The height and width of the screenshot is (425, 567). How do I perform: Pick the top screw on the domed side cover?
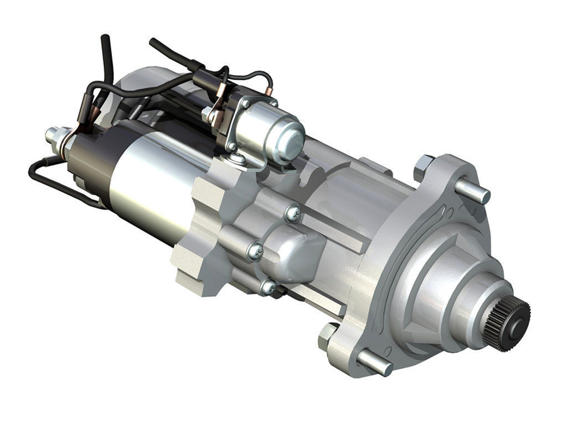click(x=293, y=213)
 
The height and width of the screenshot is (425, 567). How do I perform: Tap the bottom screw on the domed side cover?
click(x=268, y=286)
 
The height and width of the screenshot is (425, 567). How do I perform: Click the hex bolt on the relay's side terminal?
click(x=209, y=115)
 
